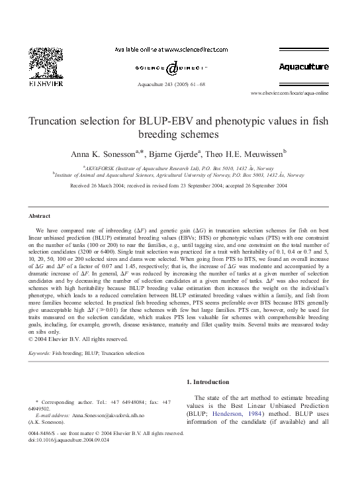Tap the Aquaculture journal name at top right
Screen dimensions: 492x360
(x=303, y=67)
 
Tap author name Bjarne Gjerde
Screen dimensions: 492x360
(x=171, y=153)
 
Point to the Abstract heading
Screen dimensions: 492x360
(x=40, y=216)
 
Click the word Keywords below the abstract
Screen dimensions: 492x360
(x=40, y=354)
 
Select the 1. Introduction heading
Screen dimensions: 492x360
(x=213, y=382)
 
